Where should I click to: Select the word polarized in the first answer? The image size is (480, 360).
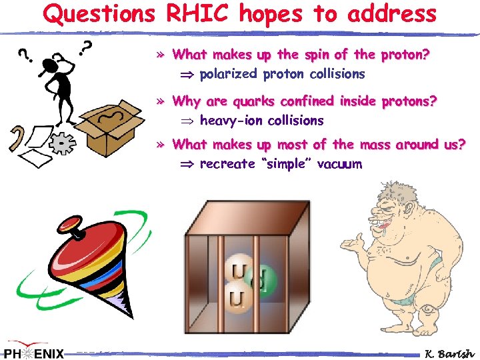tap(229, 73)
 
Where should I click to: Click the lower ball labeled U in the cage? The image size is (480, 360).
tap(235, 297)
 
